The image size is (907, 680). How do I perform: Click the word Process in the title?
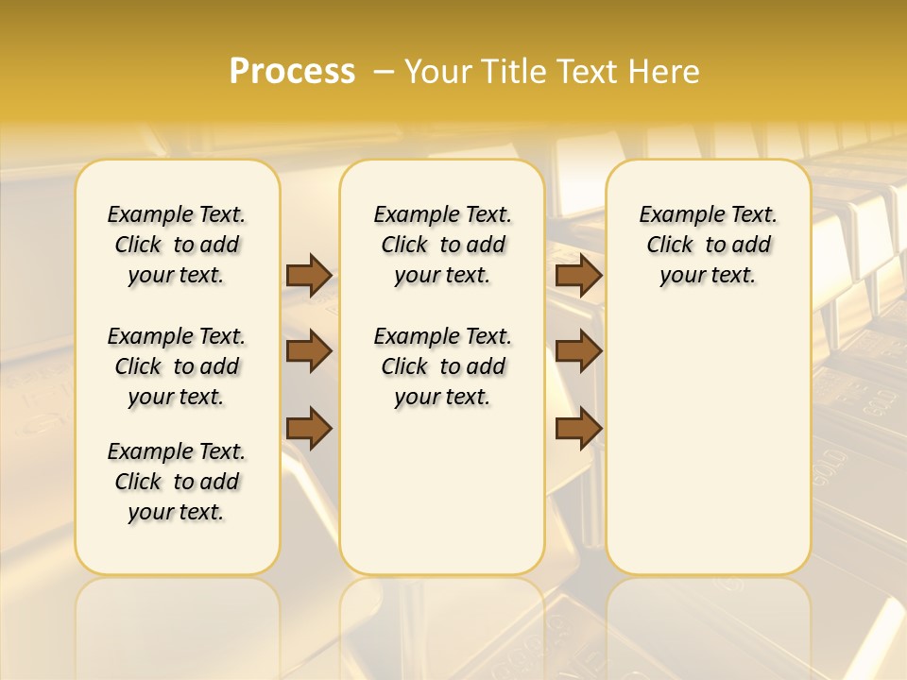click(292, 71)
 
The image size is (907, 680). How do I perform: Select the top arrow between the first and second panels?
click(309, 275)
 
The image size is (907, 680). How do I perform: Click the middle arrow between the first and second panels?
click(309, 351)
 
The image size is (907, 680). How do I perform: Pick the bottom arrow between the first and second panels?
click(309, 428)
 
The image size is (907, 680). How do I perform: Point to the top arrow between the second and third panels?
click(578, 275)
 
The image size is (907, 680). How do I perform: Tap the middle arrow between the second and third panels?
click(578, 351)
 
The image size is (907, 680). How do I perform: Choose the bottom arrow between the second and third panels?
click(578, 428)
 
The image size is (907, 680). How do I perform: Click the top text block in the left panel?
click(177, 245)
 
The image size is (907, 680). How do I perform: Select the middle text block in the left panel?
click(177, 366)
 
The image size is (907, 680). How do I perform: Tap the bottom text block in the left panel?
click(177, 482)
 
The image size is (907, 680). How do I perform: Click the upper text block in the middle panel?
click(442, 245)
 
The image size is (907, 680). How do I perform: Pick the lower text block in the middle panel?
click(442, 366)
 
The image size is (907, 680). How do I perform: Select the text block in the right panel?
click(708, 245)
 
